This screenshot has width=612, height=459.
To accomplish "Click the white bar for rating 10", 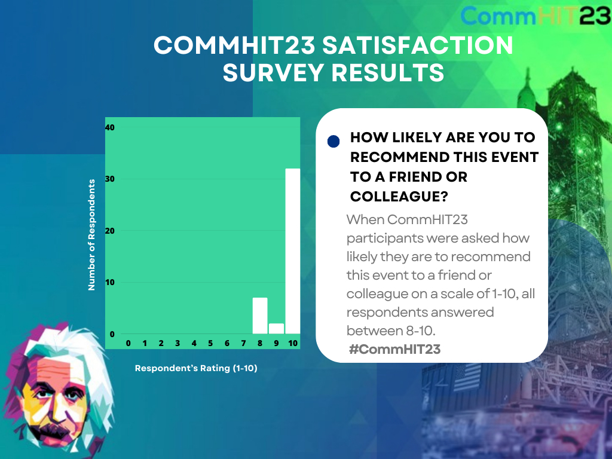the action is [x=293, y=251].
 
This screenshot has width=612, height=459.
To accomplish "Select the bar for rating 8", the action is [x=260, y=316].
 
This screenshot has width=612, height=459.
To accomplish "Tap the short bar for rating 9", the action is [x=276, y=329].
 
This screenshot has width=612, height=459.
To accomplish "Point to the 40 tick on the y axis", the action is [x=110, y=128].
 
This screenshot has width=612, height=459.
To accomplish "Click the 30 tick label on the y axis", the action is [x=110, y=179].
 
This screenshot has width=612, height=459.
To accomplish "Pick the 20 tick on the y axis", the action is [x=110, y=231].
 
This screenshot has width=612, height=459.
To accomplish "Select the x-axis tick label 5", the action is [x=210, y=344].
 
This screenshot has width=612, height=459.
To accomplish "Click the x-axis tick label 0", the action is [x=128, y=344].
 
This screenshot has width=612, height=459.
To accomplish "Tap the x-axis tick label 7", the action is [x=244, y=344].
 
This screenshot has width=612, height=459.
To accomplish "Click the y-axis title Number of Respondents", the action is [x=91, y=235].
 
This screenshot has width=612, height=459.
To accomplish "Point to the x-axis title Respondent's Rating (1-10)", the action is [x=196, y=368].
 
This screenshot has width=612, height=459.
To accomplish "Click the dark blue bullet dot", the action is [x=333, y=141].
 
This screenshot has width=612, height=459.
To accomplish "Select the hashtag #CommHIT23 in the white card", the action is [x=394, y=349].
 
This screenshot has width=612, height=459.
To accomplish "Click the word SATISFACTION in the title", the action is [x=418, y=45].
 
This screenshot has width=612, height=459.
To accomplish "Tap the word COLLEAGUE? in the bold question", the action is [x=399, y=196].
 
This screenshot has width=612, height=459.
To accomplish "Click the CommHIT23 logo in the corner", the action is [x=535, y=16].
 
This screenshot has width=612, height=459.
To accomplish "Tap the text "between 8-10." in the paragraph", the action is [x=391, y=331].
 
